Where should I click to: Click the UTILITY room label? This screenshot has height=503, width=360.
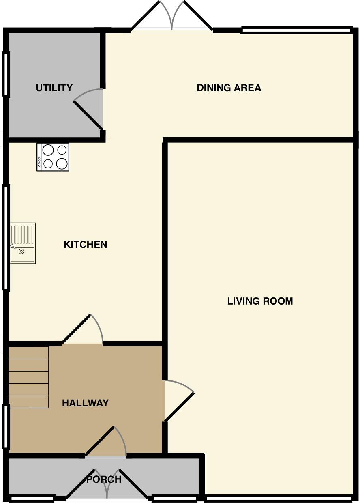point(54,88)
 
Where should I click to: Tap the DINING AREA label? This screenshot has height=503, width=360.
point(229,88)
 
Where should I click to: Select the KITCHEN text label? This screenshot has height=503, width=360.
point(86,244)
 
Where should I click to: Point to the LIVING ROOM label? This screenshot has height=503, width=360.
point(260,301)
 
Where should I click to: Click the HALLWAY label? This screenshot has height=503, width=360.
point(85,403)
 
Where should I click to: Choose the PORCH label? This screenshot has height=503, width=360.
point(104,479)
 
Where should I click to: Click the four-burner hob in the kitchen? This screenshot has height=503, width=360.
point(53,157)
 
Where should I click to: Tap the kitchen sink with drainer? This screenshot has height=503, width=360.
point(23,243)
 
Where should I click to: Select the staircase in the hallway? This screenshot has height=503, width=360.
point(28,377)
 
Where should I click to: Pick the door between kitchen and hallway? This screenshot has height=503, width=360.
point(83,329)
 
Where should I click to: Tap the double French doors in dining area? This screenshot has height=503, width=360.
point(172,16)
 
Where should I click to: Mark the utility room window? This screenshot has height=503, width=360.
point(6,74)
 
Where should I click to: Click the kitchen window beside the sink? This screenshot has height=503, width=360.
point(6,238)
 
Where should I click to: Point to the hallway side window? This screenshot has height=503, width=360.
point(6,426)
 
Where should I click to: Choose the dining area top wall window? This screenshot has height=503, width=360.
point(296,30)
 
